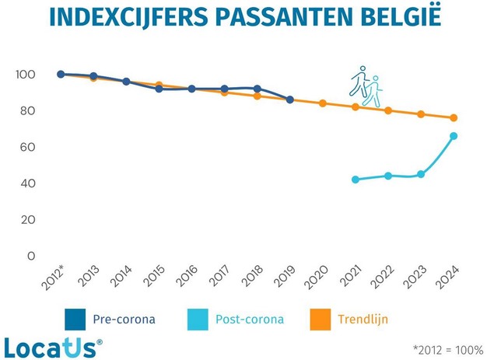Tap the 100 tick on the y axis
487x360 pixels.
25,74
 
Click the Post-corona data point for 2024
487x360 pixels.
454,136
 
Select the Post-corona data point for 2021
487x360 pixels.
356,180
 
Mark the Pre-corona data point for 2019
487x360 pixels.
290,100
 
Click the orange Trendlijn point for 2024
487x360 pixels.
454,118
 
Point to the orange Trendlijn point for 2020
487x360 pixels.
323,103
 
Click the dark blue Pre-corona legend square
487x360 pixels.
75,318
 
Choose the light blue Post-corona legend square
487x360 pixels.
200,318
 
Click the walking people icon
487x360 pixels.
366,86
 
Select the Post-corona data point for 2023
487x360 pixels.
421,174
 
